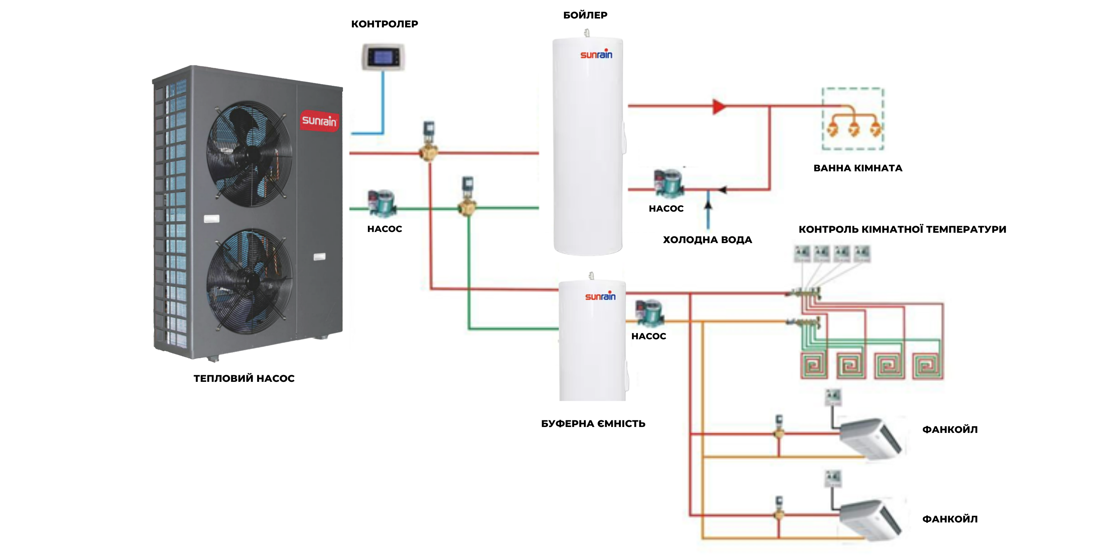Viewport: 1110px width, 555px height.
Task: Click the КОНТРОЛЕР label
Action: click(x=384, y=24)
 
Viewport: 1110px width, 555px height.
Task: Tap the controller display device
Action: click(x=383, y=57)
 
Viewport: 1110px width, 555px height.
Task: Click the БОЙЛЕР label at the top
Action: click(x=585, y=15)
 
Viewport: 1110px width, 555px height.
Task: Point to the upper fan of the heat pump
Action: click(x=249, y=153)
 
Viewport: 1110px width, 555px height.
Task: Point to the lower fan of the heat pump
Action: click(x=249, y=281)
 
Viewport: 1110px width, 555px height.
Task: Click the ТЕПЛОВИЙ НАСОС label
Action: click(x=244, y=379)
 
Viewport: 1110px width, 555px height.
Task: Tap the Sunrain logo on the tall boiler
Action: click(x=596, y=54)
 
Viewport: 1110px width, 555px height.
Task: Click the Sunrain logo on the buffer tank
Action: click(x=600, y=296)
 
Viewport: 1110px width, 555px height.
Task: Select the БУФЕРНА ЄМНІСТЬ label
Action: click(x=593, y=424)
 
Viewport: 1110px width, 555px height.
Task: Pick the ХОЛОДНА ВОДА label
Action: click(x=707, y=240)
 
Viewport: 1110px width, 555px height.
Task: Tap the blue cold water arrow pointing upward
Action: click(x=708, y=202)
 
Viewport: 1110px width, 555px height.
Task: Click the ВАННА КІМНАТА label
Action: click(x=858, y=168)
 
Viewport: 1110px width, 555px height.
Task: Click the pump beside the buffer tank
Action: click(x=649, y=312)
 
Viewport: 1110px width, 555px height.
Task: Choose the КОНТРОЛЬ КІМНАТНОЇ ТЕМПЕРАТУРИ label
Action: click(x=902, y=229)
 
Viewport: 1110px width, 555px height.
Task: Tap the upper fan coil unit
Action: click(x=870, y=437)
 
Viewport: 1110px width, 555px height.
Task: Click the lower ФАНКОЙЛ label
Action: click(x=950, y=519)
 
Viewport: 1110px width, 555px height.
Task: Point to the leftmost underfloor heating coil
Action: click(x=814, y=366)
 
